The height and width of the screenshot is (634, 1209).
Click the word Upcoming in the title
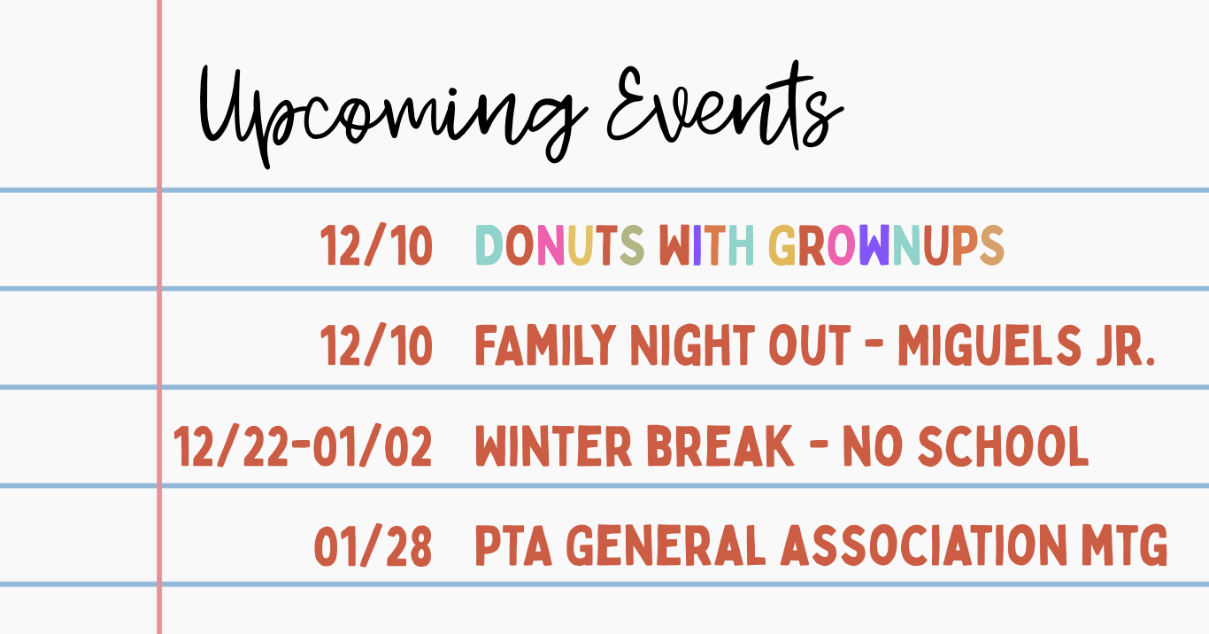coord(393,114)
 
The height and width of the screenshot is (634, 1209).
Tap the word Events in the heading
coord(726,105)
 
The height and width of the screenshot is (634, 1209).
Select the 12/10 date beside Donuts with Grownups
coord(377,245)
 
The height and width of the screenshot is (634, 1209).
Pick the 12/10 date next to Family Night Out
coord(377,345)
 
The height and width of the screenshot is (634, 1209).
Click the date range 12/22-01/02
coord(303,445)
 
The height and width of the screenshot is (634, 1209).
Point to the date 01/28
coord(373,545)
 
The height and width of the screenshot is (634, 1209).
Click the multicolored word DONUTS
coord(559,245)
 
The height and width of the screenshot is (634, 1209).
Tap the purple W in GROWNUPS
coord(874,245)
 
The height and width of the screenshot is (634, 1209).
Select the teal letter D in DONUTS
coord(489,245)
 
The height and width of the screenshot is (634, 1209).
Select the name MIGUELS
coord(990,345)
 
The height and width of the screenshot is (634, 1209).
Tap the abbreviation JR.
coord(1126,345)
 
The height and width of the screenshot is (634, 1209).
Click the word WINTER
coord(553,445)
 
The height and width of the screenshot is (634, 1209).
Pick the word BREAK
coord(720,445)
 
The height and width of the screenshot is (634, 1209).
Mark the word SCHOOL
coord(1004,445)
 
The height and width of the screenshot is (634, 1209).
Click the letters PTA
coord(513,545)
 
